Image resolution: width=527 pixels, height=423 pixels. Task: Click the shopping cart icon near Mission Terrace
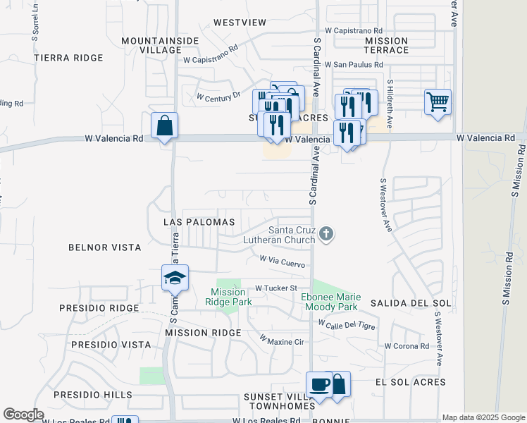pos(438,102)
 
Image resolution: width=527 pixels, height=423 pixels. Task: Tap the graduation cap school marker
pos(175,278)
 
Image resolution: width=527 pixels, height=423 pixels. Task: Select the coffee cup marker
pos(318,385)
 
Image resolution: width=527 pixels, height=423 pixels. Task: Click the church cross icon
pos(325,234)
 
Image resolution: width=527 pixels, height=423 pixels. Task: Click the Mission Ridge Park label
pos(228,297)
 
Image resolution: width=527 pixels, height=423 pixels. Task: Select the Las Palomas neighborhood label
pos(199,222)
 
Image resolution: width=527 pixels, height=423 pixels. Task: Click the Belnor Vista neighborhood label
pos(104,248)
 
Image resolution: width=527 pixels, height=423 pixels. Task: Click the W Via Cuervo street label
pos(282,262)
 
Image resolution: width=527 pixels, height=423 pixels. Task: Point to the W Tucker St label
pos(277,288)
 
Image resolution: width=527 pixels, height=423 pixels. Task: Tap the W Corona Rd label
pos(407,346)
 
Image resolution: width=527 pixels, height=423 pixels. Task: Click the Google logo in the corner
pos(24,415)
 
